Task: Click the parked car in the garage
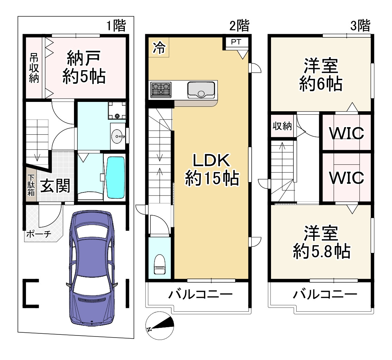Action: tap(92, 268)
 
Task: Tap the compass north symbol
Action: tap(159, 325)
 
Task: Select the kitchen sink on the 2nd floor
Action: tap(201, 90)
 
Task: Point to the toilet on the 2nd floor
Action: tap(159, 265)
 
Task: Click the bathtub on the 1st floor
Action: tap(115, 177)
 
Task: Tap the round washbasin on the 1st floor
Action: tap(117, 136)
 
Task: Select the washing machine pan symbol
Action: tap(117, 110)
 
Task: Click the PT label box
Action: tap(236, 42)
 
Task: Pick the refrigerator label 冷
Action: tap(159, 48)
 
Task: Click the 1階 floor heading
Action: tap(116, 26)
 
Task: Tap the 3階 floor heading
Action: tap(360, 26)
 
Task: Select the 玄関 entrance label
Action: tap(55, 186)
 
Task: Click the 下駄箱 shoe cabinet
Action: tap(31, 185)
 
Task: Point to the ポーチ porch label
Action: tap(39, 234)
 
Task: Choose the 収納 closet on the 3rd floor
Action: tap(282, 126)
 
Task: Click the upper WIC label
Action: tap(347, 133)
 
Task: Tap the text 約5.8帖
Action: tap(322, 251)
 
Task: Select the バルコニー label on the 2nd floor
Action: tap(200, 294)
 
